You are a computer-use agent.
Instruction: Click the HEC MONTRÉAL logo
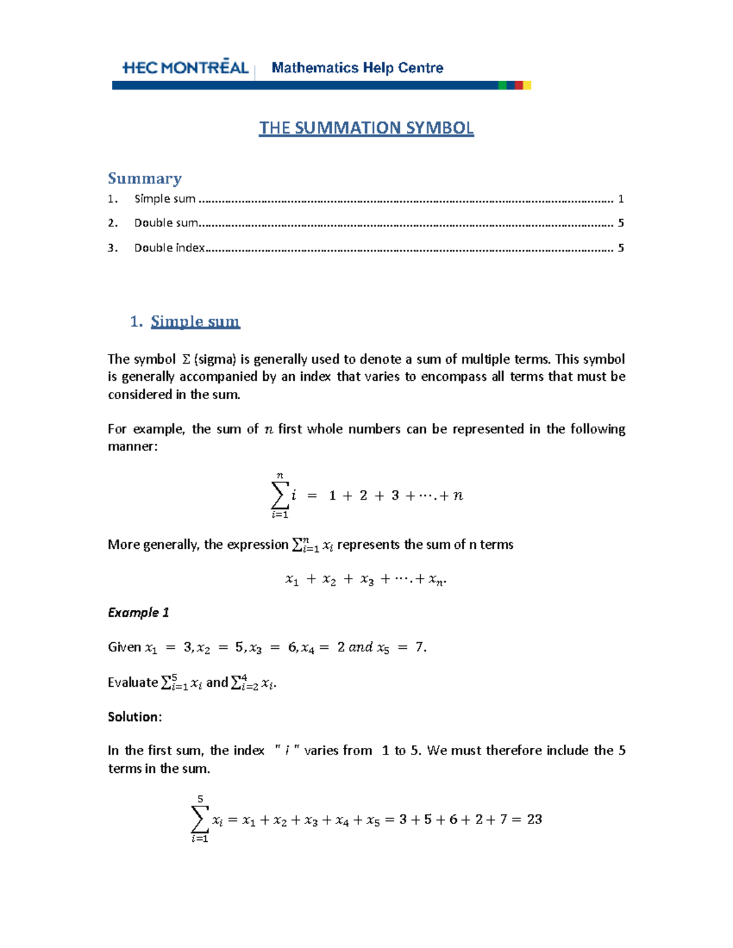(x=185, y=68)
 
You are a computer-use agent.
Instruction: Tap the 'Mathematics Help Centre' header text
(x=357, y=68)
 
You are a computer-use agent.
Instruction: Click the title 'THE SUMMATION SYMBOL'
(x=366, y=128)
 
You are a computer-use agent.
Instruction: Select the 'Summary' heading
(x=145, y=178)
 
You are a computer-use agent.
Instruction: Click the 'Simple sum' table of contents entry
(x=164, y=198)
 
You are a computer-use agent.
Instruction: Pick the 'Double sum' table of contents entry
(x=166, y=223)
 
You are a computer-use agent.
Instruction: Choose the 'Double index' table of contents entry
(x=169, y=248)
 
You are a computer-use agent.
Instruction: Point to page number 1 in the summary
(x=621, y=198)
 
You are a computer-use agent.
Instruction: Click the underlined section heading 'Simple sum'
(x=195, y=321)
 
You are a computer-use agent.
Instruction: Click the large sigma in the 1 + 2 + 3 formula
(x=279, y=495)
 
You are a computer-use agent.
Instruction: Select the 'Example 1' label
(x=138, y=612)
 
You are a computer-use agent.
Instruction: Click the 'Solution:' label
(x=134, y=717)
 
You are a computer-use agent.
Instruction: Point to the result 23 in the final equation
(x=534, y=819)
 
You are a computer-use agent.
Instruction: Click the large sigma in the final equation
(x=199, y=819)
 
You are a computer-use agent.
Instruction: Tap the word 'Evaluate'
(x=133, y=682)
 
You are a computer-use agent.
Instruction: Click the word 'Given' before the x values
(x=124, y=647)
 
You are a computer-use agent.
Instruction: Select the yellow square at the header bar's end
(x=527, y=85)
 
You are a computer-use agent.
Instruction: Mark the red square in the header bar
(x=519, y=85)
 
